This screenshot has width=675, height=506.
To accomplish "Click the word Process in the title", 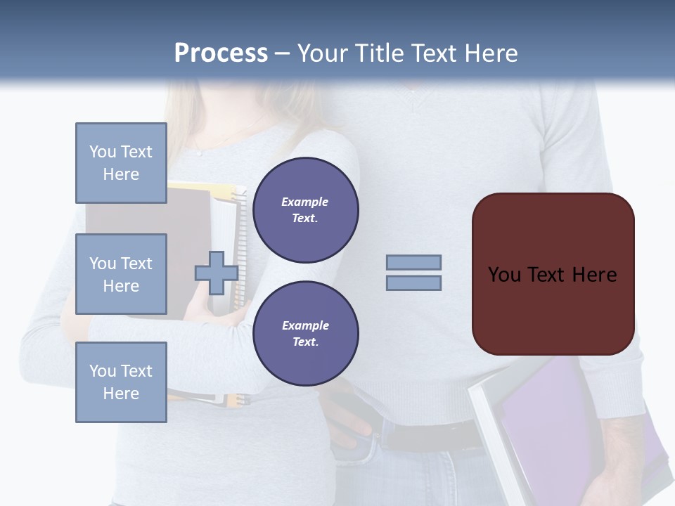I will (x=221, y=53).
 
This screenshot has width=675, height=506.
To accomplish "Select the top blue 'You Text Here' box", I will (x=121, y=163).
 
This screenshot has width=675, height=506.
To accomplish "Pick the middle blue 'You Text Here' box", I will (x=121, y=274).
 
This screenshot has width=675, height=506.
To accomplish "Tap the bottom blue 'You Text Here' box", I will (x=121, y=382).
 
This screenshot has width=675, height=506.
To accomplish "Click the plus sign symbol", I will (x=217, y=273).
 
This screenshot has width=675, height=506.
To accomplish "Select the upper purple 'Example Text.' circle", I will (x=305, y=209).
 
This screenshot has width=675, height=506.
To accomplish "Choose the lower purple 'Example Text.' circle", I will (x=305, y=333).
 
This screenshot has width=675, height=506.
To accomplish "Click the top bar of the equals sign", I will (x=413, y=262).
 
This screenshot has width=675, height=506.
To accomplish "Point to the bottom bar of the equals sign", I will (x=413, y=283).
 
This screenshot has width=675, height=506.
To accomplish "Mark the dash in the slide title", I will (x=282, y=54).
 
